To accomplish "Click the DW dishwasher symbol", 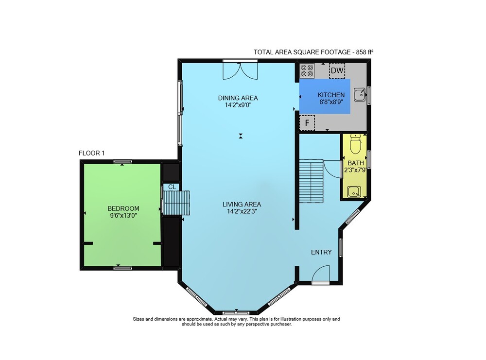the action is (337, 70).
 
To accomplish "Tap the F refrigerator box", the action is (307, 123).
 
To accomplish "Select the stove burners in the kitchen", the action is (307, 70).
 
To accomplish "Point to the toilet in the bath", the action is (355, 144).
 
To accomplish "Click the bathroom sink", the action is (354, 192).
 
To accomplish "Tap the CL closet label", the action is (172, 187).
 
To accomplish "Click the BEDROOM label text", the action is (123, 208).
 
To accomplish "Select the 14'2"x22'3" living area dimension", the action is (242, 212).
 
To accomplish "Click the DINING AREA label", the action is (238, 98).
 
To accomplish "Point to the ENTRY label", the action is (321, 252).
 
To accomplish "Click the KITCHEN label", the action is (331, 95).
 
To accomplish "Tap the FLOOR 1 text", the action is (92, 153).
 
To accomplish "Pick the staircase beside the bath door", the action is (311, 181).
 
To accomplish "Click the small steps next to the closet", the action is (176, 203).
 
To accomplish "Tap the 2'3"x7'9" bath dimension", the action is (356, 170).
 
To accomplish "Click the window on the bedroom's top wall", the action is (123, 161).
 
